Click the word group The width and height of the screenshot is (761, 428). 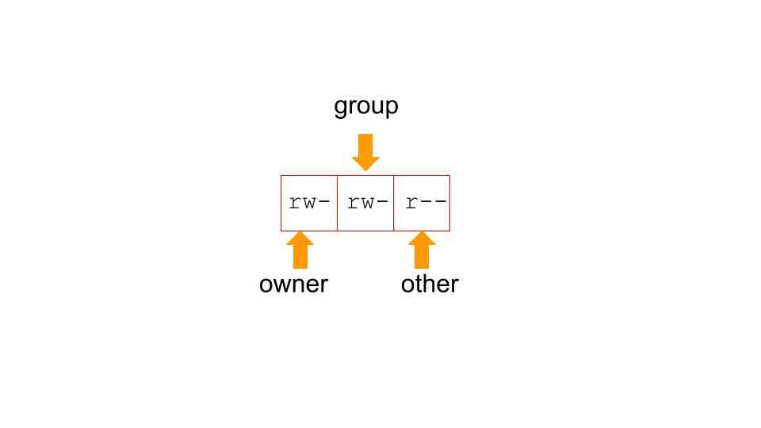(x=365, y=106)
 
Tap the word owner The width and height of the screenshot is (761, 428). (x=293, y=284)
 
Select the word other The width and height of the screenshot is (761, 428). (x=430, y=284)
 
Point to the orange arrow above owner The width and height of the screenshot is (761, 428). (x=300, y=250)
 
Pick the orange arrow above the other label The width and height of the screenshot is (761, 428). (x=423, y=250)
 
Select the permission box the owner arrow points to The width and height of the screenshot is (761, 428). (x=309, y=203)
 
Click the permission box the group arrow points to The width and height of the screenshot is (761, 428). (x=365, y=203)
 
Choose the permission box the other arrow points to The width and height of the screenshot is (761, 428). (x=422, y=203)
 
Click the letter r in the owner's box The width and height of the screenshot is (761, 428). (x=294, y=203)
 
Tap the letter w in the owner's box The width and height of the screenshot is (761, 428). (x=308, y=203)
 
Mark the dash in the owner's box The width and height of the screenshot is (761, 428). (x=323, y=203)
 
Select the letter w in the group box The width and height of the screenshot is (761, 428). (x=366, y=203)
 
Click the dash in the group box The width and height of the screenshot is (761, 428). (x=381, y=203)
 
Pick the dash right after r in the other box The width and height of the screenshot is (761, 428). (x=426, y=203)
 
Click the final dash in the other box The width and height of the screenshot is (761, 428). (x=440, y=203)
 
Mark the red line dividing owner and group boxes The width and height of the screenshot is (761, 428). (x=337, y=203)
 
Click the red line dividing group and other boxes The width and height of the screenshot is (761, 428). (x=393, y=203)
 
